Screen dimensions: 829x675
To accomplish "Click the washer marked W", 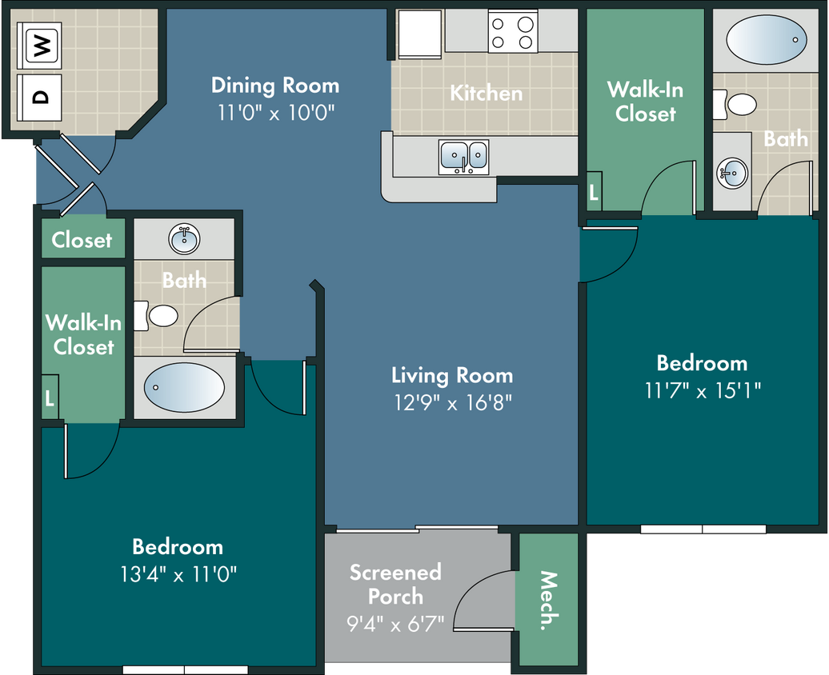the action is click(40, 46).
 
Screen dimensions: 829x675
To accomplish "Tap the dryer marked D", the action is click(40, 98).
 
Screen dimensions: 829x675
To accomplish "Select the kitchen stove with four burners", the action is click(512, 32).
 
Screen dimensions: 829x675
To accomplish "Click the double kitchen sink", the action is click(463, 157).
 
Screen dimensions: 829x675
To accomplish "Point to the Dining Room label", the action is click(275, 86).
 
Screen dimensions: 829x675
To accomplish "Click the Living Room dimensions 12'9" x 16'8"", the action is click(453, 403).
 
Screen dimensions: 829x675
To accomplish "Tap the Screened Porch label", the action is click(395, 584).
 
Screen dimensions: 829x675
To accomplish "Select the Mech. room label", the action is click(549, 601).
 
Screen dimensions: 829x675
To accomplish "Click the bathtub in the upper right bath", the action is click(767, 40).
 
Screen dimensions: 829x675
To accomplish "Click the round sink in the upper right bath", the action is click(732, 172).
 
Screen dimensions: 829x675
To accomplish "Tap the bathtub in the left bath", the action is click(184, 387).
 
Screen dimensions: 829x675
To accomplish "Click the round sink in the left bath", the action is click(184, 239).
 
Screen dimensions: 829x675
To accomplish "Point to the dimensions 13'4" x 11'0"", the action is click(178, 574).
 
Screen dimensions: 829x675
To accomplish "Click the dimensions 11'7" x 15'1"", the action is click(703, 390).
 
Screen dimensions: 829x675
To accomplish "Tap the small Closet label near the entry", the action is click(82, 240).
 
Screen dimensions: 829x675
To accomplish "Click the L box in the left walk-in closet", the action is click(50, 397).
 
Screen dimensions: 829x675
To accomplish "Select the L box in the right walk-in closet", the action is click(595, 191).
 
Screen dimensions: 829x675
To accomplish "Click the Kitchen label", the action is click(487, 93).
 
